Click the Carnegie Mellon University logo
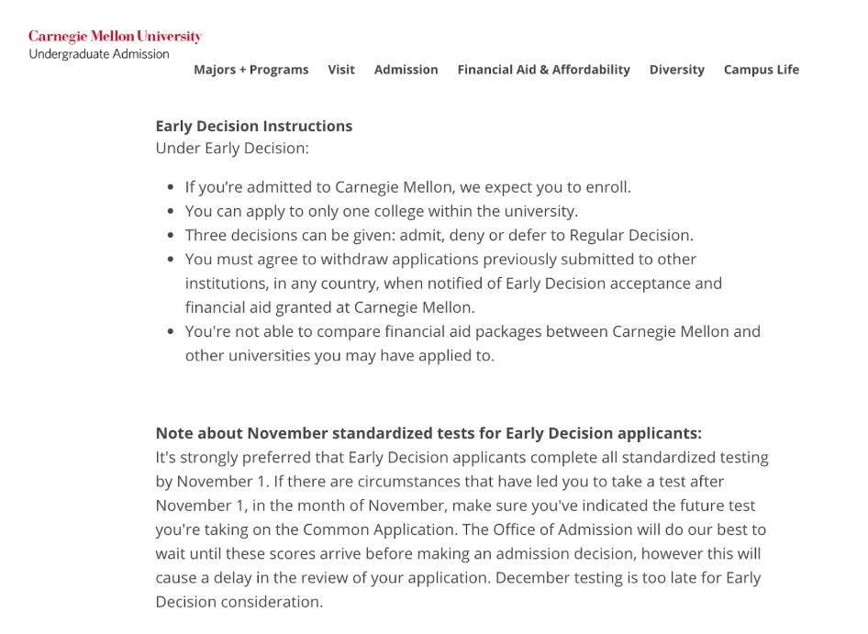tap(115, 37)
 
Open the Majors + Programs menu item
tap(250, 70)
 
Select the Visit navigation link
tap(341, 70)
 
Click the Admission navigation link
tap(406, 70)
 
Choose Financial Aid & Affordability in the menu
tap(543, 70)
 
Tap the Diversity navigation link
tap(676, 70)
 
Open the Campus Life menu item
tap(761, 70)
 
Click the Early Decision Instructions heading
tap(253, 126)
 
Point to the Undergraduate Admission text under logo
tap(99, 54)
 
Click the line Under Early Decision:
tap(232, 148)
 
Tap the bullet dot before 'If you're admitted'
tap(171, 188)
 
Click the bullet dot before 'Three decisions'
tap(171, 236)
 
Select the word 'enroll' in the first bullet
tap(606, 187)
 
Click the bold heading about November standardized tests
tap(428, 433)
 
